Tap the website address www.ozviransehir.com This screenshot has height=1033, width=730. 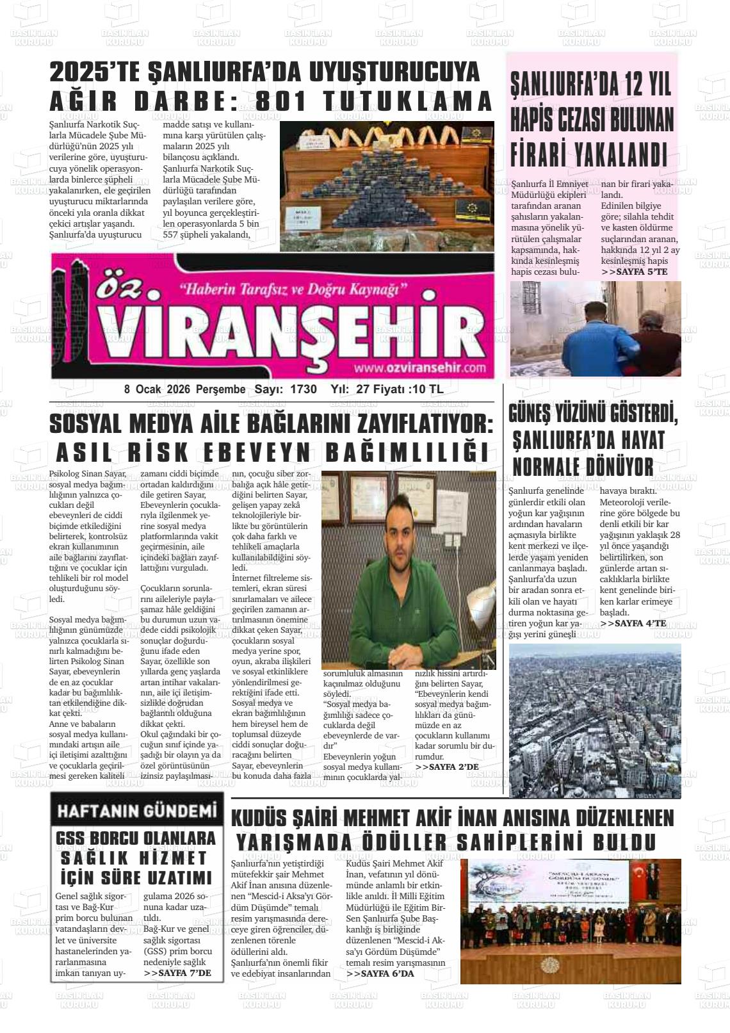(x=419, y=368)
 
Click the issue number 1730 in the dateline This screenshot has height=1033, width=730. (x=303, y=389)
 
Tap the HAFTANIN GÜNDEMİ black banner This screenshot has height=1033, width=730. (x=137, y=811)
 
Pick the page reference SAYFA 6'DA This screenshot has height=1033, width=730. (x=380, y=973)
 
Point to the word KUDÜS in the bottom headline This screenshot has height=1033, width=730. (x=259, y=818)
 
